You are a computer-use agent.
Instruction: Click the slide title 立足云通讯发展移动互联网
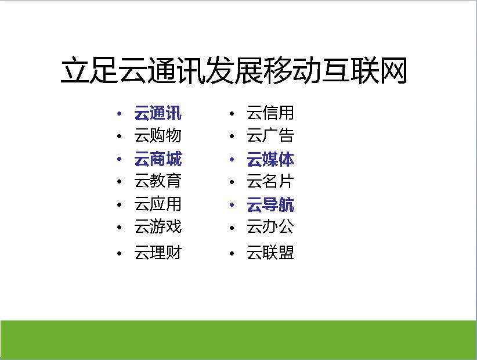234,70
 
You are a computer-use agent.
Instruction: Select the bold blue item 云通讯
158,113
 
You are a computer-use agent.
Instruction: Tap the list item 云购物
158,135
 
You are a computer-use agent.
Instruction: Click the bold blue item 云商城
158,159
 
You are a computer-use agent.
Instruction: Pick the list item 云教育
158,181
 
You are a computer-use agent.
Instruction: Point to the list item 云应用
158,204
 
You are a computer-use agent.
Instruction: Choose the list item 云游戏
158,226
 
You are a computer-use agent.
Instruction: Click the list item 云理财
158,253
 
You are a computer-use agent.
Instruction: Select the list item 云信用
270,113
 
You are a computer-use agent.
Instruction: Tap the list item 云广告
270,135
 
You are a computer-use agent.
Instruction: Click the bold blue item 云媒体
270,159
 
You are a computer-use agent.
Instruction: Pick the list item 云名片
270,181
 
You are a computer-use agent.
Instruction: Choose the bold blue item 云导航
270,204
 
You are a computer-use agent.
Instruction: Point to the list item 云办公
270,226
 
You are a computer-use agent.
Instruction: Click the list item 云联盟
270,253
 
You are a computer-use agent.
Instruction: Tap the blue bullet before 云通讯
120,113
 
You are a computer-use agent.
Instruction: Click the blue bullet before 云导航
232,205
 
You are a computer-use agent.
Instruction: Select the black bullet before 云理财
120,253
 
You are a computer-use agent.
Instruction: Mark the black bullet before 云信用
232,113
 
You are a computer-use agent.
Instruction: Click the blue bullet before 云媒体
232,159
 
